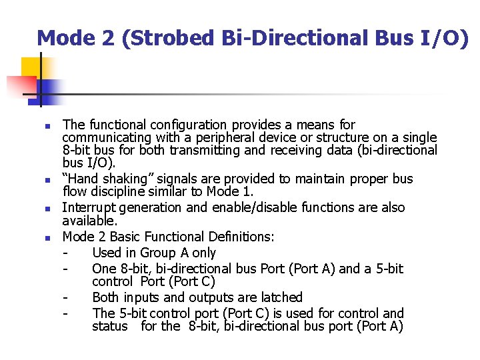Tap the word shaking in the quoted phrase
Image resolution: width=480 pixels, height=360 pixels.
123,179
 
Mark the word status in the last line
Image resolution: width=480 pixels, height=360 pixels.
110,326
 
